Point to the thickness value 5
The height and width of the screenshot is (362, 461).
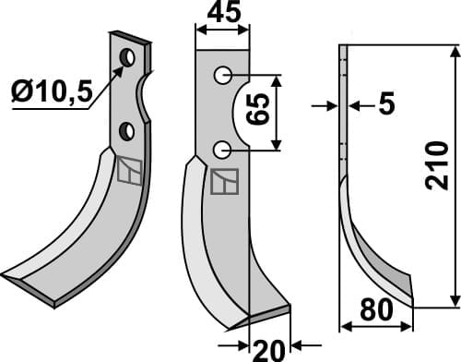[385, 105]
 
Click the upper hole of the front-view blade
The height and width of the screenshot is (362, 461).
[221, 75]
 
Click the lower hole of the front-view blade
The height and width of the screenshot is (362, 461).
[221, 149]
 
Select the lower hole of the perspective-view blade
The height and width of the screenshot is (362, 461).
[128, 131]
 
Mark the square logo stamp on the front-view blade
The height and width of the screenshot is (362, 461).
[224, 182]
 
